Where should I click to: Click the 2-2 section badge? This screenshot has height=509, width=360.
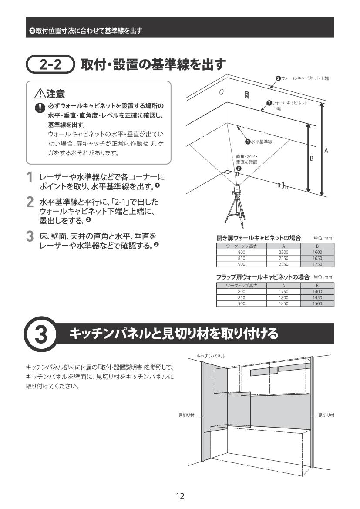[x=50, y=64]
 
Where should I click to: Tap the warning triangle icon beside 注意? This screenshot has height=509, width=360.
[x=40, y=94]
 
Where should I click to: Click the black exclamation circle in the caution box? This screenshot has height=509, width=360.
[x=40, y=108]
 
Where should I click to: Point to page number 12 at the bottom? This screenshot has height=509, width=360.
[x=180, y=496]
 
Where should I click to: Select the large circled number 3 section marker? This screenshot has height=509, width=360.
[x=40, y=334]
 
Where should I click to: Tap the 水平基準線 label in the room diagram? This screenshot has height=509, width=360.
[x=261, y=142]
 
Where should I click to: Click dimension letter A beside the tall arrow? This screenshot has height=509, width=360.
[x=326, y=150]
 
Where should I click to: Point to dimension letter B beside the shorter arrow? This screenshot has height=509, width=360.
[x=311, y=159]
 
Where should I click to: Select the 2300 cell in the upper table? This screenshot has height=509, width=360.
[x=283, y=252]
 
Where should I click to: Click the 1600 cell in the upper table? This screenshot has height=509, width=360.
[x=317, y=252]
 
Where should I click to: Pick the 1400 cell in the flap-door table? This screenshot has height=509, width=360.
[x=317, y=291]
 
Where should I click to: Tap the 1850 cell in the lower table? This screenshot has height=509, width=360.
[x=283, y=303]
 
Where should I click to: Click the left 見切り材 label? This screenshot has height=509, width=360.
[x=186, y=415]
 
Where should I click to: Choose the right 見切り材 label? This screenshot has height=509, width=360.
[x=326, y=415]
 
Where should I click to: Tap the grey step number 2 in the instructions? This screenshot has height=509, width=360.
[x=30, y=202]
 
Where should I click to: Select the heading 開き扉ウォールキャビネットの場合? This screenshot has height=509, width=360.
[x=259, y=238]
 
